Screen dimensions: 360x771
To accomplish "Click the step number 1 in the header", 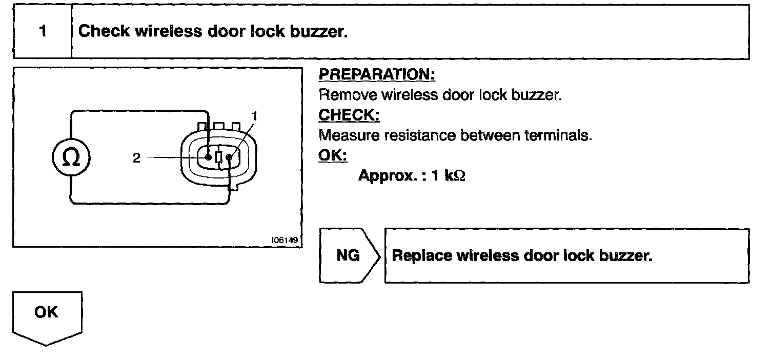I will tap(43, 32).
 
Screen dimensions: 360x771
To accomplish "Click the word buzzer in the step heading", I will tap(318, 32).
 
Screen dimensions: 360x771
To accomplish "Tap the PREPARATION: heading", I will tap(377, 74).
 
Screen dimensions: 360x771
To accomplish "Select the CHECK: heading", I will tap(349, 115).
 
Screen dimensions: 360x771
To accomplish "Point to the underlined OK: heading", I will tap(333, 156).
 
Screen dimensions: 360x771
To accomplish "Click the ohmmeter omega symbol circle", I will tap(71, 157).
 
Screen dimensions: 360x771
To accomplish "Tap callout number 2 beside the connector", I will tap(136, 158).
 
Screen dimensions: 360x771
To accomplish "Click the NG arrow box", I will tap(349, 255).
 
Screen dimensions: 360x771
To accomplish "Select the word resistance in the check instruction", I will tap(423, 136).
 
